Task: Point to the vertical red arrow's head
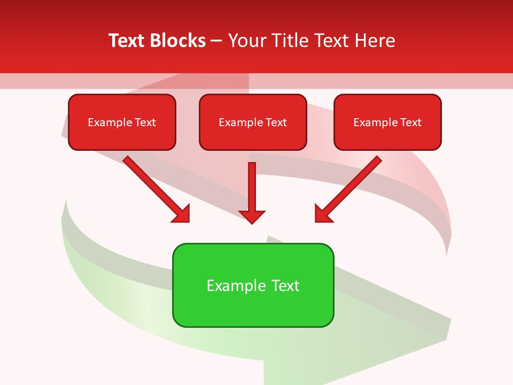252,216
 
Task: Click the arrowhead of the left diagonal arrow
182,214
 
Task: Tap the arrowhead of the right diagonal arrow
322,214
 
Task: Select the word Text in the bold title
127,41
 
